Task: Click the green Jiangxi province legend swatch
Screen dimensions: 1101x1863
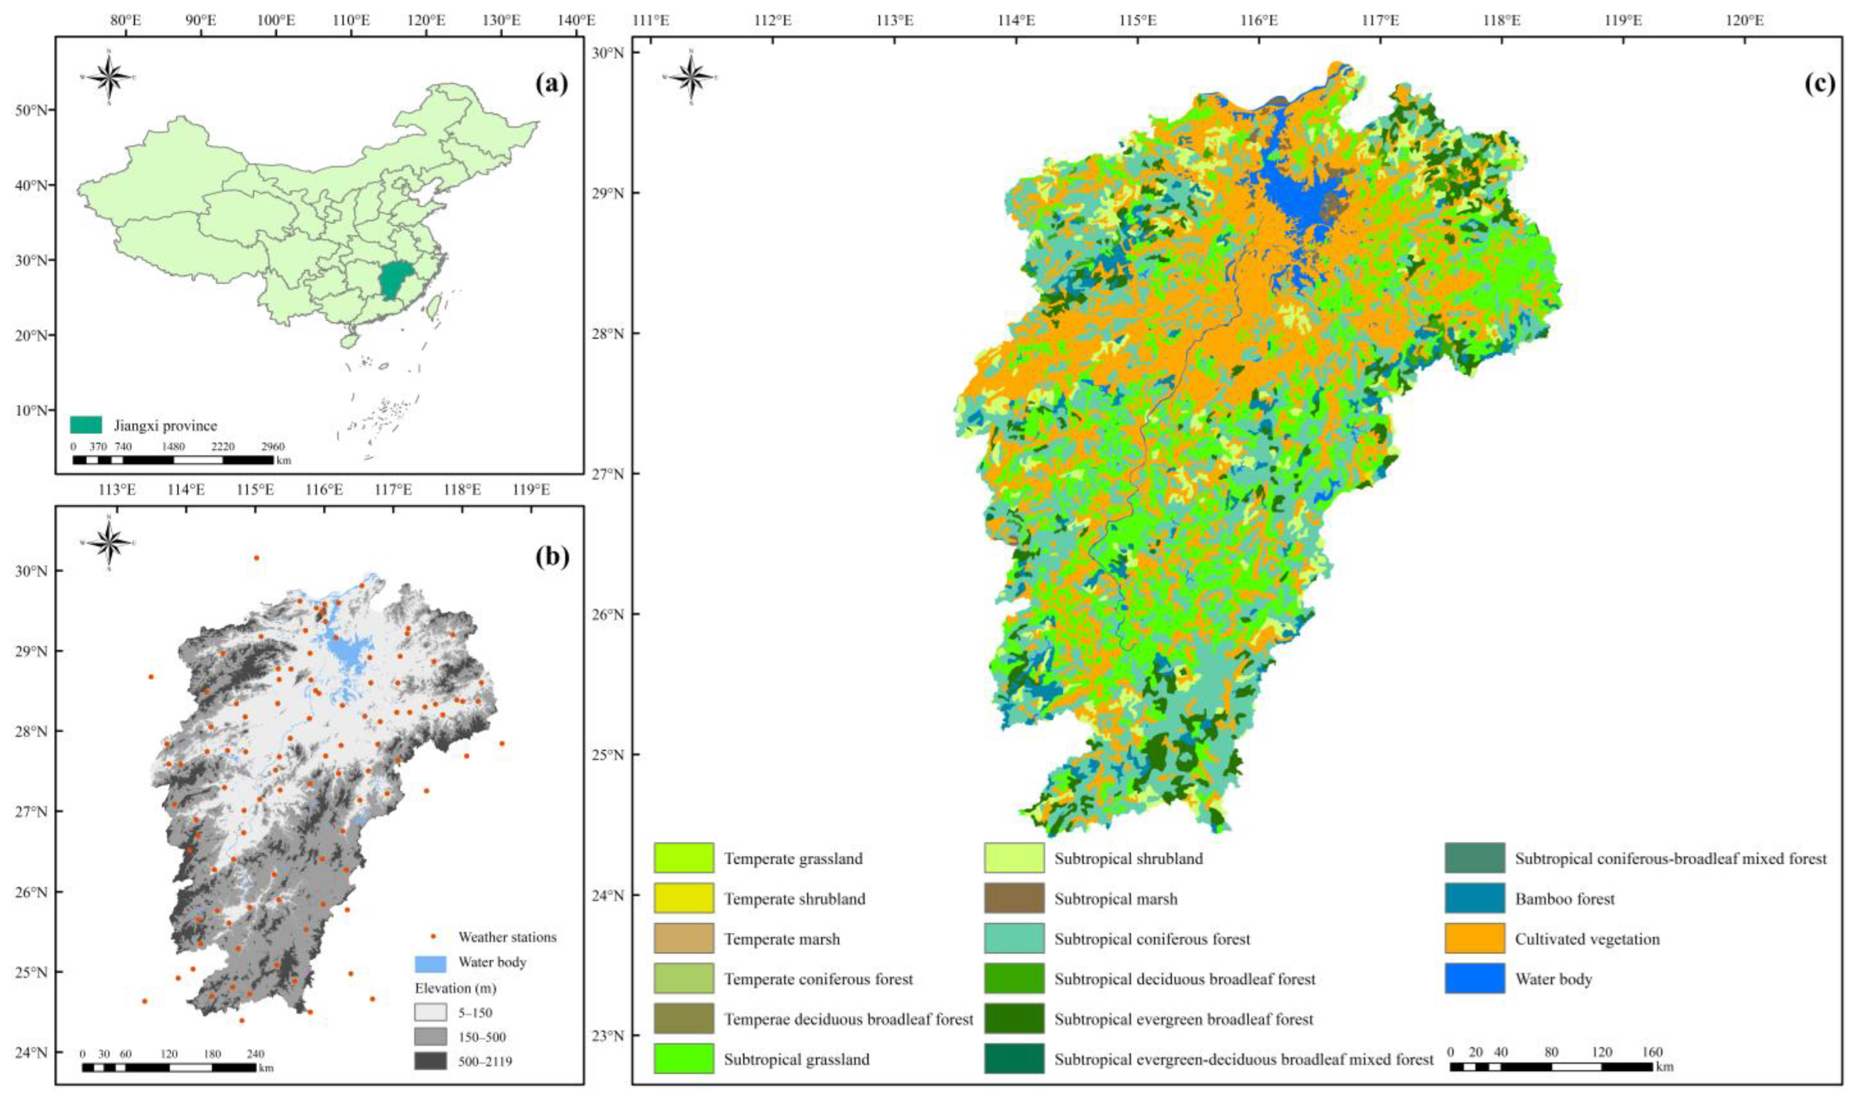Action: tap(85, 425)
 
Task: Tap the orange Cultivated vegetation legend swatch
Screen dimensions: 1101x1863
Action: tap(1474, 938)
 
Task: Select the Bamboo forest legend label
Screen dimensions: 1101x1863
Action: tap(1564, 898)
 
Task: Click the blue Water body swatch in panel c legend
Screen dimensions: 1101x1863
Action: tap(1474, 978)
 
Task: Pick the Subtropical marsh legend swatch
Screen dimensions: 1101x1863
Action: tap(1014, 898)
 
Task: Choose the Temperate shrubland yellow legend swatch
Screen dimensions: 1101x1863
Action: tap(683, 898)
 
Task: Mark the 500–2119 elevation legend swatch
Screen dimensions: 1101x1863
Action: tap(430, 1061)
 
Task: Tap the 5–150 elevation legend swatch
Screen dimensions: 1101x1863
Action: tap(430, 1012)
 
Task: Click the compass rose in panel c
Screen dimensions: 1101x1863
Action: tap(691, 77)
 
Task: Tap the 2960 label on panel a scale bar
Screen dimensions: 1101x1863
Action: tap(272, 447)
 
